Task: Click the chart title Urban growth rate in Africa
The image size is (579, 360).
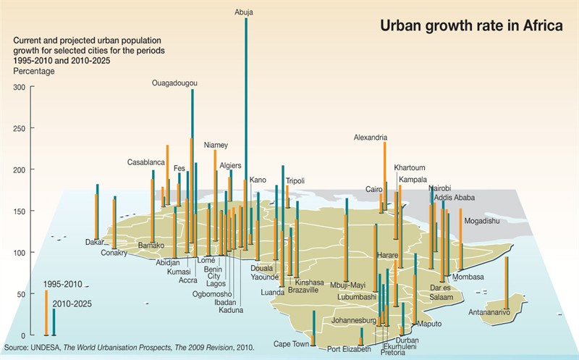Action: point(471,27)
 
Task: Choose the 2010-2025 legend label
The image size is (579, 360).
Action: point(71,303)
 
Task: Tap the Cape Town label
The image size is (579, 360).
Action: point(291,344)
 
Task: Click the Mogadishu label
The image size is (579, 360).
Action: point(482,220)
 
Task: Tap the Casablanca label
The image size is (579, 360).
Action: point(146,162)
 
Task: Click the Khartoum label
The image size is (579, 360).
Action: point(410,168)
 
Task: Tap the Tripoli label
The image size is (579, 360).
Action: point(295,180)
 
